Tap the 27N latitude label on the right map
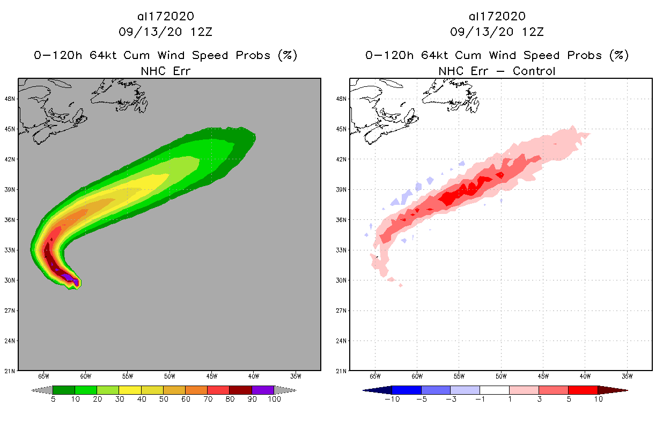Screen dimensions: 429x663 pyautogui.click(x=341, y=310)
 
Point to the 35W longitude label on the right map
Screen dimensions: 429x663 pyautogui.click(x=627, y=375)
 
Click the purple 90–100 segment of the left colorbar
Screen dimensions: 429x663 pyautogui.click(x=263, y=390)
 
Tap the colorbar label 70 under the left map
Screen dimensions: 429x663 pyautogui.click(x=207, y=399)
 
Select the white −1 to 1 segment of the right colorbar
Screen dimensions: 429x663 pyautogui.click(x=494, y=390)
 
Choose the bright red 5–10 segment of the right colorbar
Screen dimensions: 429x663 pyautogui.click(x=583, y=390)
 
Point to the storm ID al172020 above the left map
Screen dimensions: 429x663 pyautogui.click(x=165, y=17)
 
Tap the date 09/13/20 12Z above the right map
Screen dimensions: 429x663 pyautogui.click(x=497, y=32)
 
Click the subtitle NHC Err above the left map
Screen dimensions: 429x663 pyautogui.click(x=165, y=71)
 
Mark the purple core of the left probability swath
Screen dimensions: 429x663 pyautogui.click(x=68, y=277)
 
